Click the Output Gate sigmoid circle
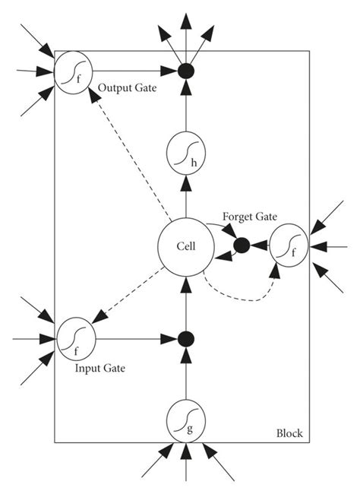[73, 73]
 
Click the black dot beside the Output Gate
[185, 73]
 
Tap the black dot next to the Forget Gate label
[242, 245]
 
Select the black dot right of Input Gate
[185, 338]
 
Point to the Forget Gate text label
[248, 217]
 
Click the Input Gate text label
[100, 368]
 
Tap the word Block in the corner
[289, 433]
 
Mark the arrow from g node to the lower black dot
[185, 376]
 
